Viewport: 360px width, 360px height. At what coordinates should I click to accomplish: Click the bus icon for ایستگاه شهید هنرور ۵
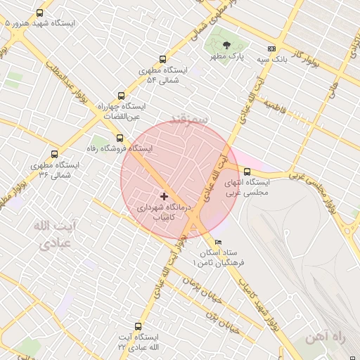(39, 13)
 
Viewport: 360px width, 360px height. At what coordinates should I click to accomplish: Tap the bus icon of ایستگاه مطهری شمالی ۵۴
(163, 60)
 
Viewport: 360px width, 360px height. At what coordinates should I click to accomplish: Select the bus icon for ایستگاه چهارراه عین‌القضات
(121, 96)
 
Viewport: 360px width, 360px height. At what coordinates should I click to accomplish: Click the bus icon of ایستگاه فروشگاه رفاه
(120, 138)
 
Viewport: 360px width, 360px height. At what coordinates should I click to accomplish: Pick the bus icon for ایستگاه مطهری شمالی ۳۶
(54, 154)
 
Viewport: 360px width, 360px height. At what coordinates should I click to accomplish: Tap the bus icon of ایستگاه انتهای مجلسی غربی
(247, 171)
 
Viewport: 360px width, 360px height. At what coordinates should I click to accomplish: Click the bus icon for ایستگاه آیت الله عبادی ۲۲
(137, 327)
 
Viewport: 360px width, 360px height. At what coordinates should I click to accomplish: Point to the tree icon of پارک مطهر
(226, 46)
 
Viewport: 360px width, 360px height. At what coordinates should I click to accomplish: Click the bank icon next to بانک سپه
(271, 49)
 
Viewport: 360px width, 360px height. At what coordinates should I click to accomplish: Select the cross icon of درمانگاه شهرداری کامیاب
(164, 196)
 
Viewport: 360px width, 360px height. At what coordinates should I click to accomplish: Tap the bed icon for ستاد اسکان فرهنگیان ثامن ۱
(218, 242)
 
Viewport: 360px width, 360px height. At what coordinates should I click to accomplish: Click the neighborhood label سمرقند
(188, 120)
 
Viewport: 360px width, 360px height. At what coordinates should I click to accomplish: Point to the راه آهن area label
(327, 339)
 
